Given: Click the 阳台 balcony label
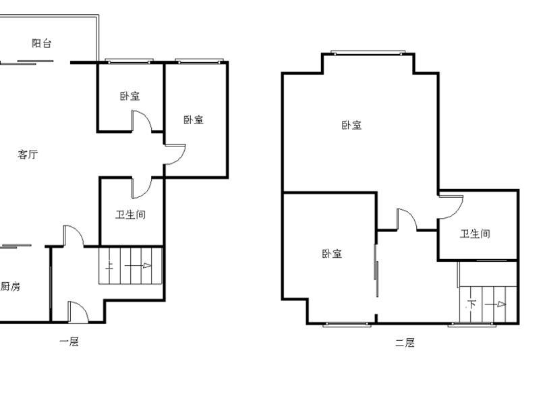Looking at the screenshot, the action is [42, 43].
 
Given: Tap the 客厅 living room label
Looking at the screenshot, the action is [28, 154].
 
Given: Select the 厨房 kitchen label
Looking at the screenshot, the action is [10, 286].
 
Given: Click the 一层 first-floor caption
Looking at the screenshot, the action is [69, 342].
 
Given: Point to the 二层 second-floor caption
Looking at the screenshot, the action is [405, 343].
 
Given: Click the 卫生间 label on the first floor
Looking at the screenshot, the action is [130, 215].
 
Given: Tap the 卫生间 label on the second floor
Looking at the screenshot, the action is [475, 234].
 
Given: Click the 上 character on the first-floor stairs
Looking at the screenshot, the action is [109, 266].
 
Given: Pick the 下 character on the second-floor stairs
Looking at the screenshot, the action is [471, 304].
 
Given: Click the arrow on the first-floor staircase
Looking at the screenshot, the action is [138, 266].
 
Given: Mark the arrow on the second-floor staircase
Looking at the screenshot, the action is [495, 304].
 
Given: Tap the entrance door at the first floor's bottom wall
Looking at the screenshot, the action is [78, 312].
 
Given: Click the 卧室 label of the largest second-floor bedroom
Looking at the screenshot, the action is [351, 125].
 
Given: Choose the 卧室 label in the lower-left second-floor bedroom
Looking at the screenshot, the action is [332, 254].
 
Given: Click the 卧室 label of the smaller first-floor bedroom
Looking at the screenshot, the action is [130, 96].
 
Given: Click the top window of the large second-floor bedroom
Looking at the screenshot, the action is [368, 53].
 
